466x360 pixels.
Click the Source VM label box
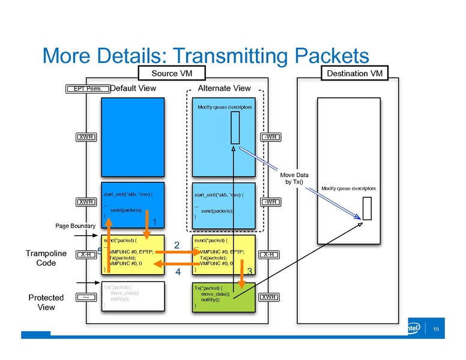pyautogui.click(x=172, y=73)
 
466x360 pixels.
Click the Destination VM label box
pyautogui.click(x=356, y=73)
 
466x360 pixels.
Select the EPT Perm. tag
pyautogui.click(x=88, y=89)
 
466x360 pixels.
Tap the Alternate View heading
pyautogui.click(x=225, y=88)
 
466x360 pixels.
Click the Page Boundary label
pyautogui.click(x=75, y=226)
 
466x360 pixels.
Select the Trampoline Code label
pyautogui.click(x=46, y=258)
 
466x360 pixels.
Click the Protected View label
pyautogui.click(x=46, y=302)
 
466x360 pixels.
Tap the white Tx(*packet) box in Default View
pyautogui.click(x=133, y=296)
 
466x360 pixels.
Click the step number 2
pyautogui.click(x=177, y=245)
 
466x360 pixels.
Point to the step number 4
pyautogui.click(x=177, y=272)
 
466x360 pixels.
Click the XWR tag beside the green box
pyautogui.click(x=268, y=297)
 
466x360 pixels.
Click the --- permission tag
pyautogui.click(x=86, y=297)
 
